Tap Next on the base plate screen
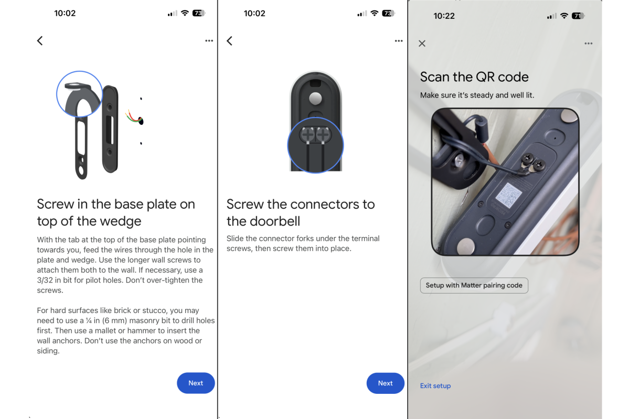(196, 383)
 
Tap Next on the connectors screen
(385, 383)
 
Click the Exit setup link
(435, 386)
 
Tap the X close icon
(422, 44)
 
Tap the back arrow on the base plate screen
(40, 40)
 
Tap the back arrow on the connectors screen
(229, 40)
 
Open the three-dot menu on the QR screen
(588, 44)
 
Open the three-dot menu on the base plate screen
(209, 40)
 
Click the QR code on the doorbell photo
(509, 195)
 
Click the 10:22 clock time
(444, 16)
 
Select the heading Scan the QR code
(474, 77)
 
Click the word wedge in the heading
(121, 221)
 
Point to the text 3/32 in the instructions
(45, 280)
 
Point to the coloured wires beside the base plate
(134, 116)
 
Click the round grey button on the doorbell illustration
(315, 98)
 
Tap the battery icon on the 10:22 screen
(578, 16)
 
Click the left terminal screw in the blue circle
(308, 134)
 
